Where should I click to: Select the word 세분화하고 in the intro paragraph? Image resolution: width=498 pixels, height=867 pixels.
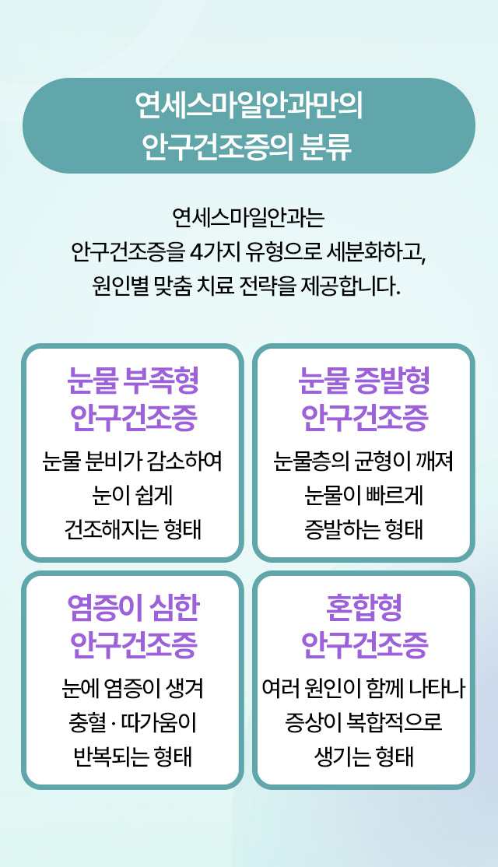tap(377, 252)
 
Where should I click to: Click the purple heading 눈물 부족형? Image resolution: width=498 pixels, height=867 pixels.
tap(133, 381)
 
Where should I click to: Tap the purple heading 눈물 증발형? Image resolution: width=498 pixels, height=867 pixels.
tap(364, 381)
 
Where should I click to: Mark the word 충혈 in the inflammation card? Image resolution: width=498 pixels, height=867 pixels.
tap(87, 723)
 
